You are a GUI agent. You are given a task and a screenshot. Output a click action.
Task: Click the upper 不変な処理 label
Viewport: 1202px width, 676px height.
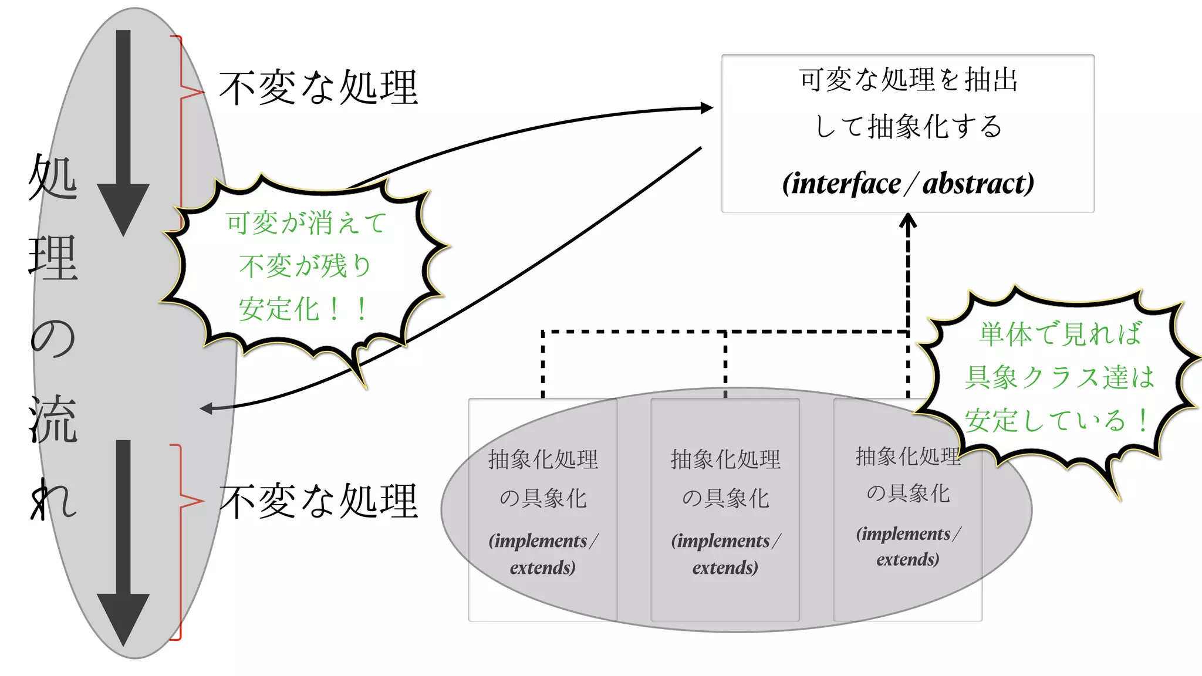pos(318,88)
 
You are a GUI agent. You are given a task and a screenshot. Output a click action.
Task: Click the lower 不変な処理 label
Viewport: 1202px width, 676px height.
pos(318,502)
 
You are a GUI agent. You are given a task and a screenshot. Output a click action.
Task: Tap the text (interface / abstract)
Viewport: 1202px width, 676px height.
pos(907,184)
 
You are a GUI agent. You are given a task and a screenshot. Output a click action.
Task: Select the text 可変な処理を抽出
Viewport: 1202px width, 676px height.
pos(907,80)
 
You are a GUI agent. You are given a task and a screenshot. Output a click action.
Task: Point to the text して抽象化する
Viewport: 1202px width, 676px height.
pos(907,127)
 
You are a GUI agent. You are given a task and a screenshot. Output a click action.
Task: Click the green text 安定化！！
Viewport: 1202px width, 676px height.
pos(304,309)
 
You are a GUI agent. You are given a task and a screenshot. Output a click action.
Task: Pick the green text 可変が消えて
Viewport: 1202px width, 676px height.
pos(306,223)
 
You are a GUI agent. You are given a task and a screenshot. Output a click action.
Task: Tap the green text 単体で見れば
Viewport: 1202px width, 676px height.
pos(1060,334)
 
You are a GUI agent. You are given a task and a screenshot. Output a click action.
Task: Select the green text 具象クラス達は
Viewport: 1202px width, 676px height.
pos(1060,377)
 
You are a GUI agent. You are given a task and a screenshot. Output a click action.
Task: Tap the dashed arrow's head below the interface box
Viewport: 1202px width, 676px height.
pos(908,219)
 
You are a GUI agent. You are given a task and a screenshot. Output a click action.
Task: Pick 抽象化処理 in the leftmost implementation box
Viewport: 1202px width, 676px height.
pos(543,459)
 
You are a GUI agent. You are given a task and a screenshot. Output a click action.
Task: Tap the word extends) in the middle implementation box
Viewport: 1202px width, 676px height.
pos(725,568)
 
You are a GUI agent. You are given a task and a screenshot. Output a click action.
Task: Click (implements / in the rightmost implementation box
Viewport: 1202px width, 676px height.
pos(908,534)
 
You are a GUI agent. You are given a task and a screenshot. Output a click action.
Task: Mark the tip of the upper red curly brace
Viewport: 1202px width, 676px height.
pos(203,92)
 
